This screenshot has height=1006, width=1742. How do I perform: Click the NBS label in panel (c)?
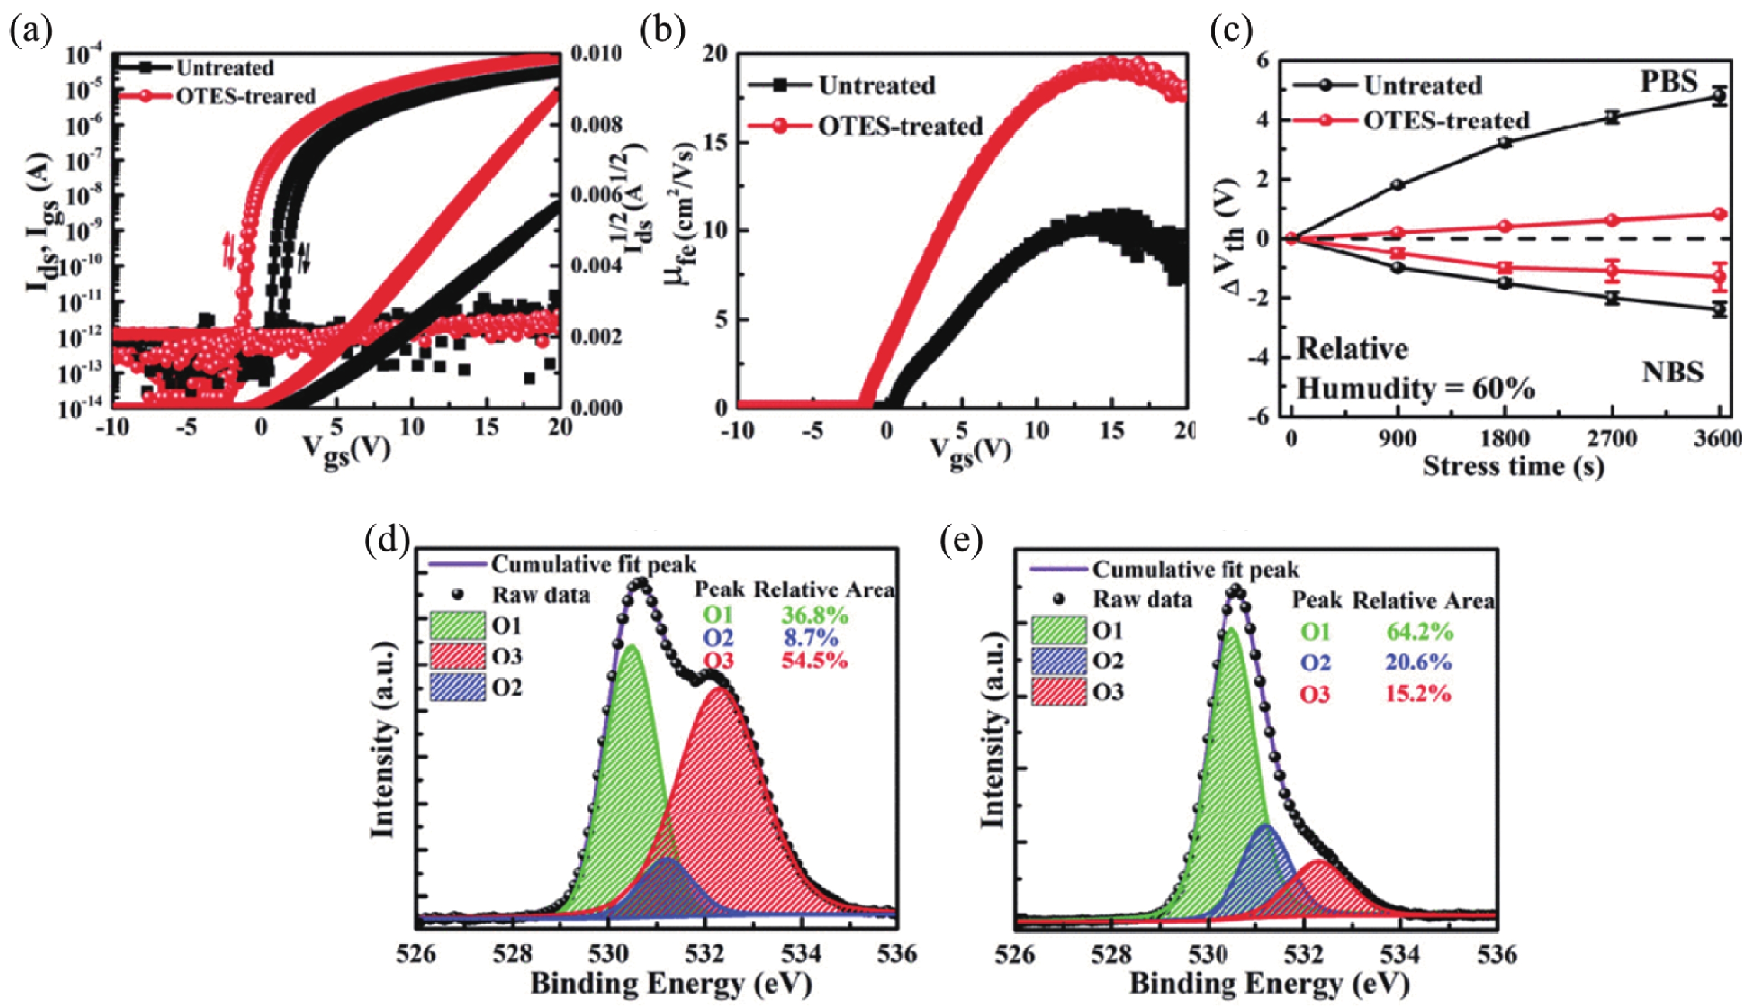pos(1672,373)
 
